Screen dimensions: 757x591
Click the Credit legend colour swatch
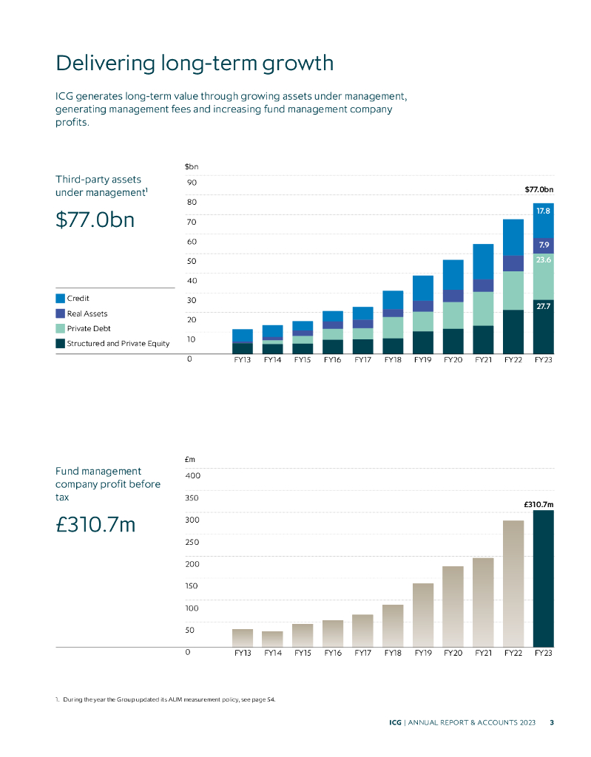coord(61,299)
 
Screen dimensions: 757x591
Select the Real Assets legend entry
coord(87,313)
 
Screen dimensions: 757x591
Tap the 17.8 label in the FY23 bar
coord(543,211)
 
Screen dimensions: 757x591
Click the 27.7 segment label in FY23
coord(543,305)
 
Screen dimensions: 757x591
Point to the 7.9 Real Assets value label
coord(543,244)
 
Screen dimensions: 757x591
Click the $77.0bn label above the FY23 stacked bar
coord(538,190)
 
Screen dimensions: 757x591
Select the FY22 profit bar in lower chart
coord(513,583)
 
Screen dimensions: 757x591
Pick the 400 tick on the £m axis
coord(192,475)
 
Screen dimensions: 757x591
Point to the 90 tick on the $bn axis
coord(192,182)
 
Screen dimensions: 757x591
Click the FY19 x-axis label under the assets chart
coord(422,360)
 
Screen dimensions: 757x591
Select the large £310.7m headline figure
coord(95,525)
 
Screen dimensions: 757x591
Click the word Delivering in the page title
coord(106,63)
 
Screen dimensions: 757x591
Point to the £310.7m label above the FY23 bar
coord(538,504)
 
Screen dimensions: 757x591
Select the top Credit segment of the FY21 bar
coord(483,262)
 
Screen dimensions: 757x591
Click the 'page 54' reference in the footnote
coord(263,699)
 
